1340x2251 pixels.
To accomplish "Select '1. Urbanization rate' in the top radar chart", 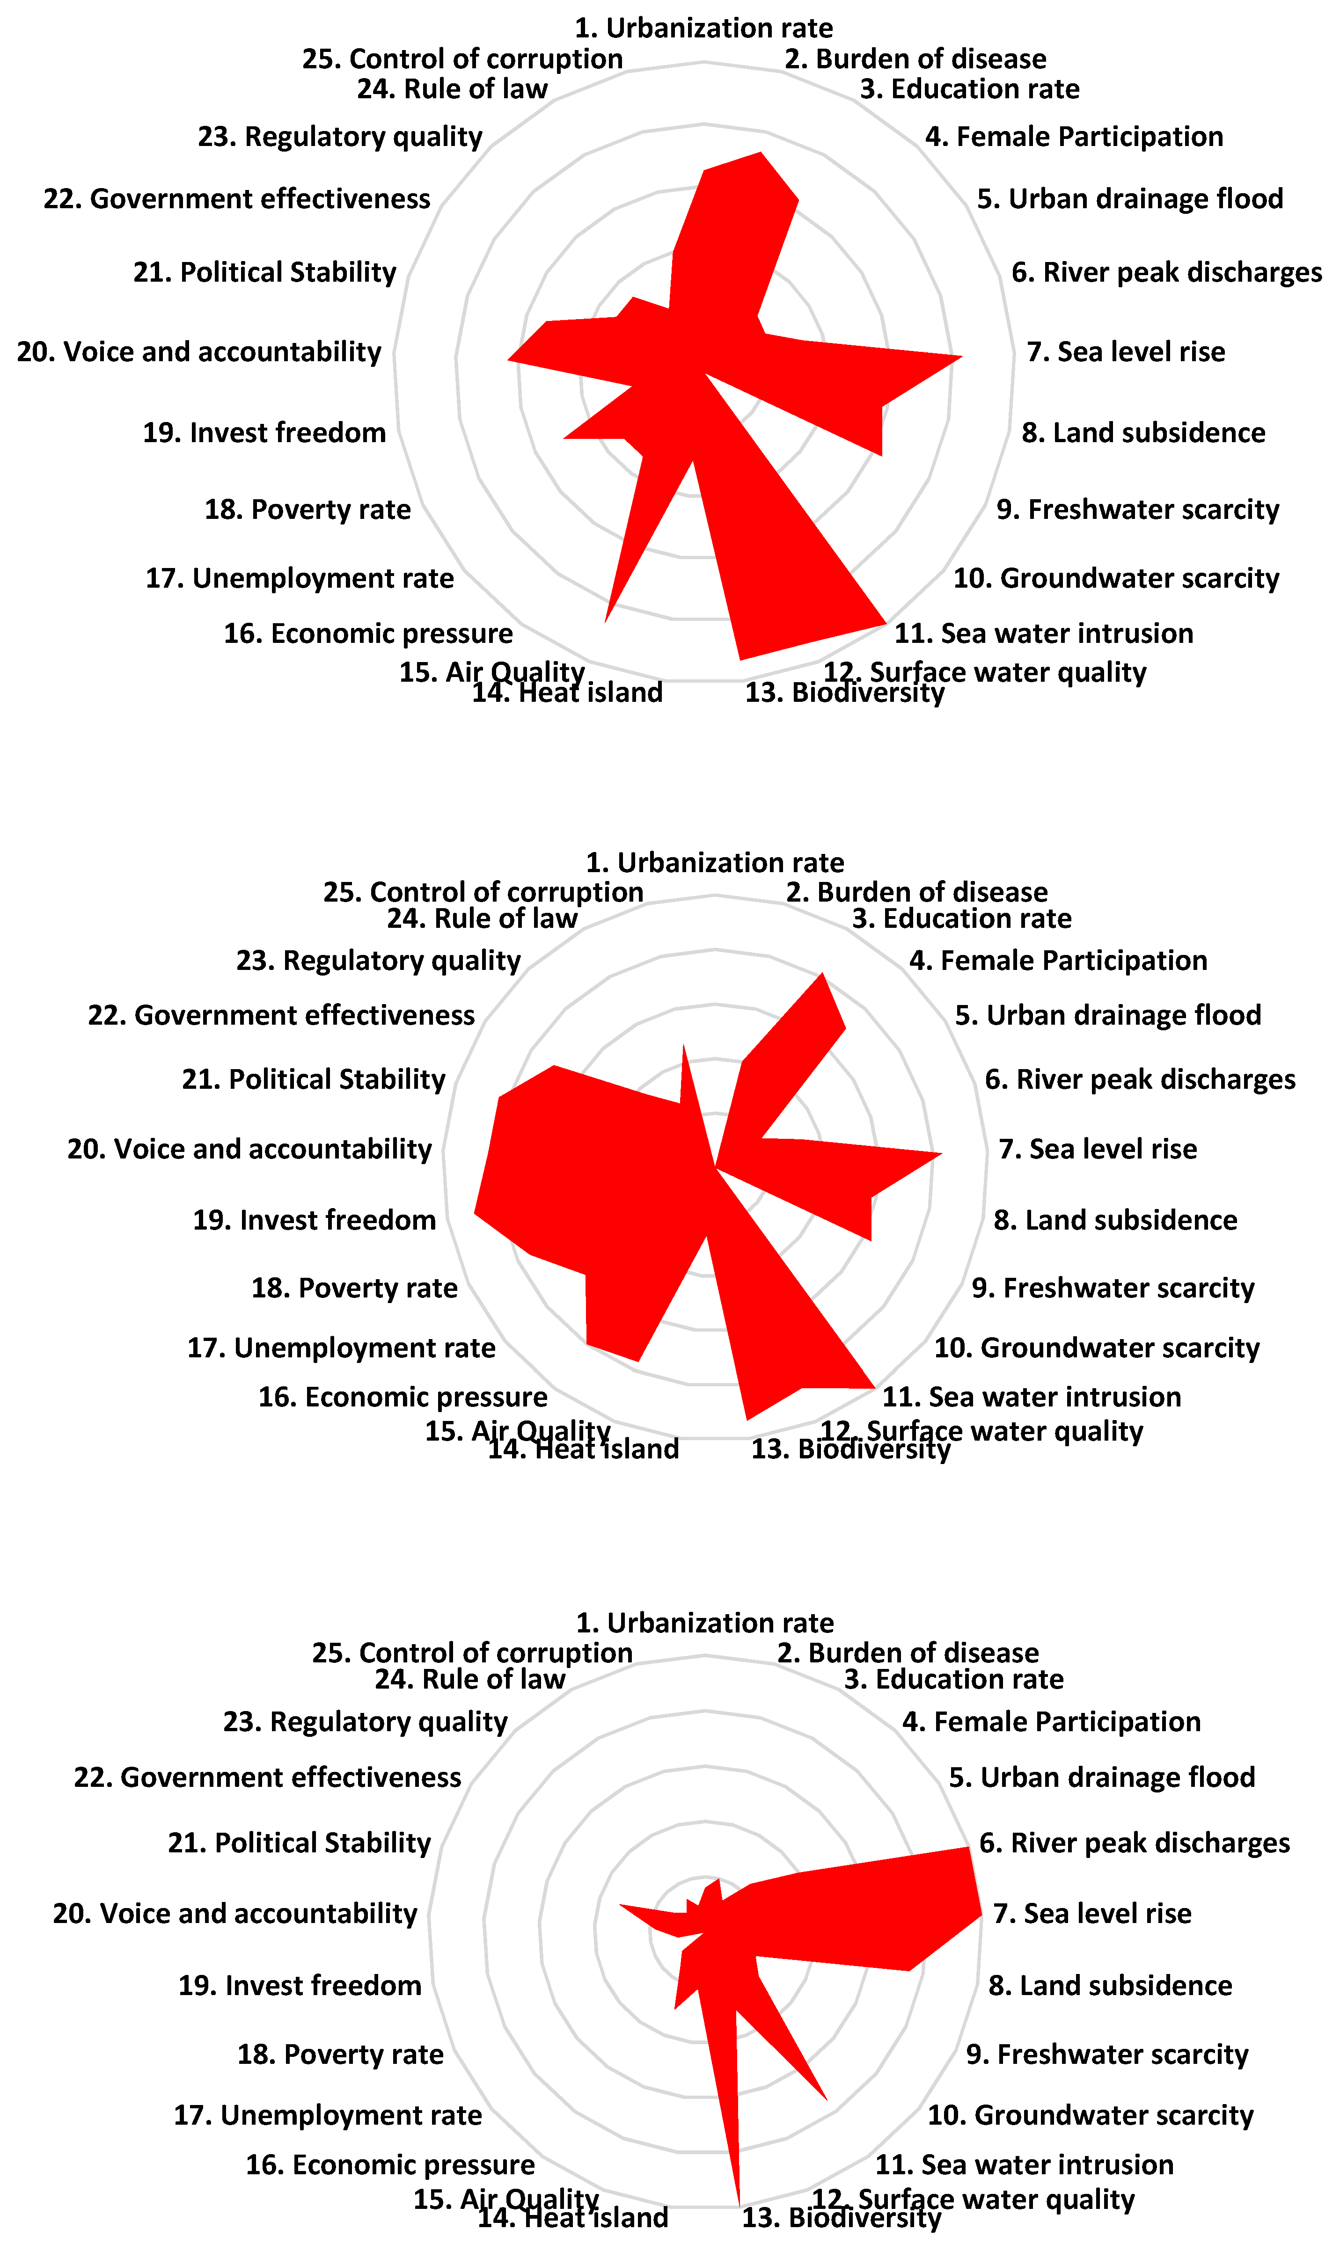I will coord(703,28).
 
